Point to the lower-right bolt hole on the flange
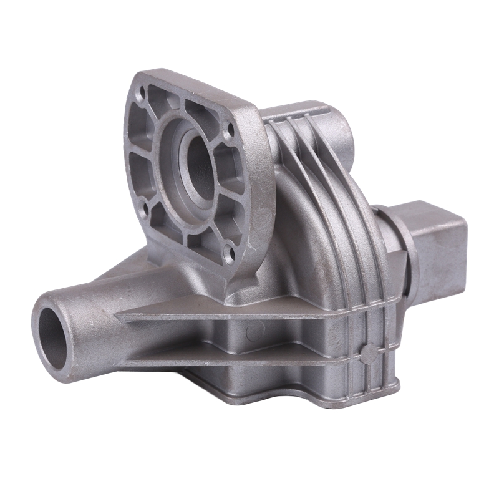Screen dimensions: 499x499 pyautogui.click(x=231, y=253)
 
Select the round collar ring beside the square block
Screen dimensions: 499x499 pyautogui.click(x=399, y=249)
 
